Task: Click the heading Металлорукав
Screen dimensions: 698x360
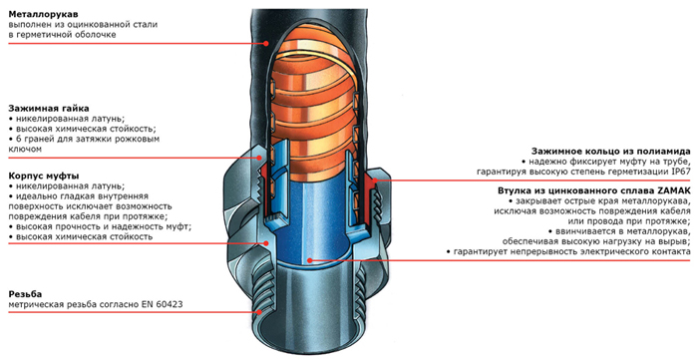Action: (x=43, y=15)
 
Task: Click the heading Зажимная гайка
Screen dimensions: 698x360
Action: (x=49, y=108)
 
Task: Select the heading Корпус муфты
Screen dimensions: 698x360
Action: (x=44, y=177)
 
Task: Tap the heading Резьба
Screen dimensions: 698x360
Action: (x=25, y=294)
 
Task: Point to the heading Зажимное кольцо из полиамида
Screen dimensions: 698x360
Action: (x=610, y=152)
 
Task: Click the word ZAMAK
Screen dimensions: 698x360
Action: (x=674, y=190)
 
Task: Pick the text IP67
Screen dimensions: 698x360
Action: (x=681, y=172)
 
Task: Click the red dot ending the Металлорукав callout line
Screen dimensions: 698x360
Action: (x=266, y=43)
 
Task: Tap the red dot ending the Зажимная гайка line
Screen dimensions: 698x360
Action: (x=260, y=158)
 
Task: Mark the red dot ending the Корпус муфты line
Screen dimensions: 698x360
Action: (x=266, y=243)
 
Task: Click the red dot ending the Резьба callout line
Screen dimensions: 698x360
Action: (x=259, y=312)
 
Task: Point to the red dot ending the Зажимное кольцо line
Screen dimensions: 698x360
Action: (x=375, y=180)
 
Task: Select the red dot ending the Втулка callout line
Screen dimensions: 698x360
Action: (x=309, y=260)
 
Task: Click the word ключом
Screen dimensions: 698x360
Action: (x=25, y=149)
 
